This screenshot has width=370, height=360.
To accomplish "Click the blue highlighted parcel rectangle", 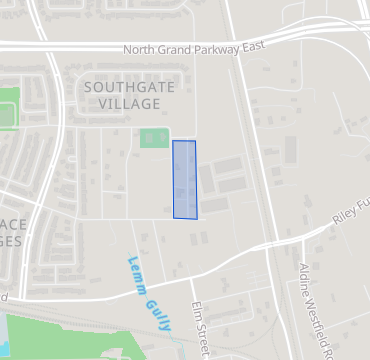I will pyautogui.click(x=185, y=179).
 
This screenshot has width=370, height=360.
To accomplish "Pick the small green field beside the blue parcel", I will pyautogui.click(x=153, y=139).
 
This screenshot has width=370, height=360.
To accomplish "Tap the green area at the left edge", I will pyautogui.click(x=8, y=108).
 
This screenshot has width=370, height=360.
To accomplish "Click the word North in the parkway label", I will pyautogui.click(x=139, y=49).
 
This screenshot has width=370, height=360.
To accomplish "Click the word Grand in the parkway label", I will pyautogui.click(x=172, y=49).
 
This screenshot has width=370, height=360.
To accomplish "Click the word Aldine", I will pyautogui.click(x=303, y=279).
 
